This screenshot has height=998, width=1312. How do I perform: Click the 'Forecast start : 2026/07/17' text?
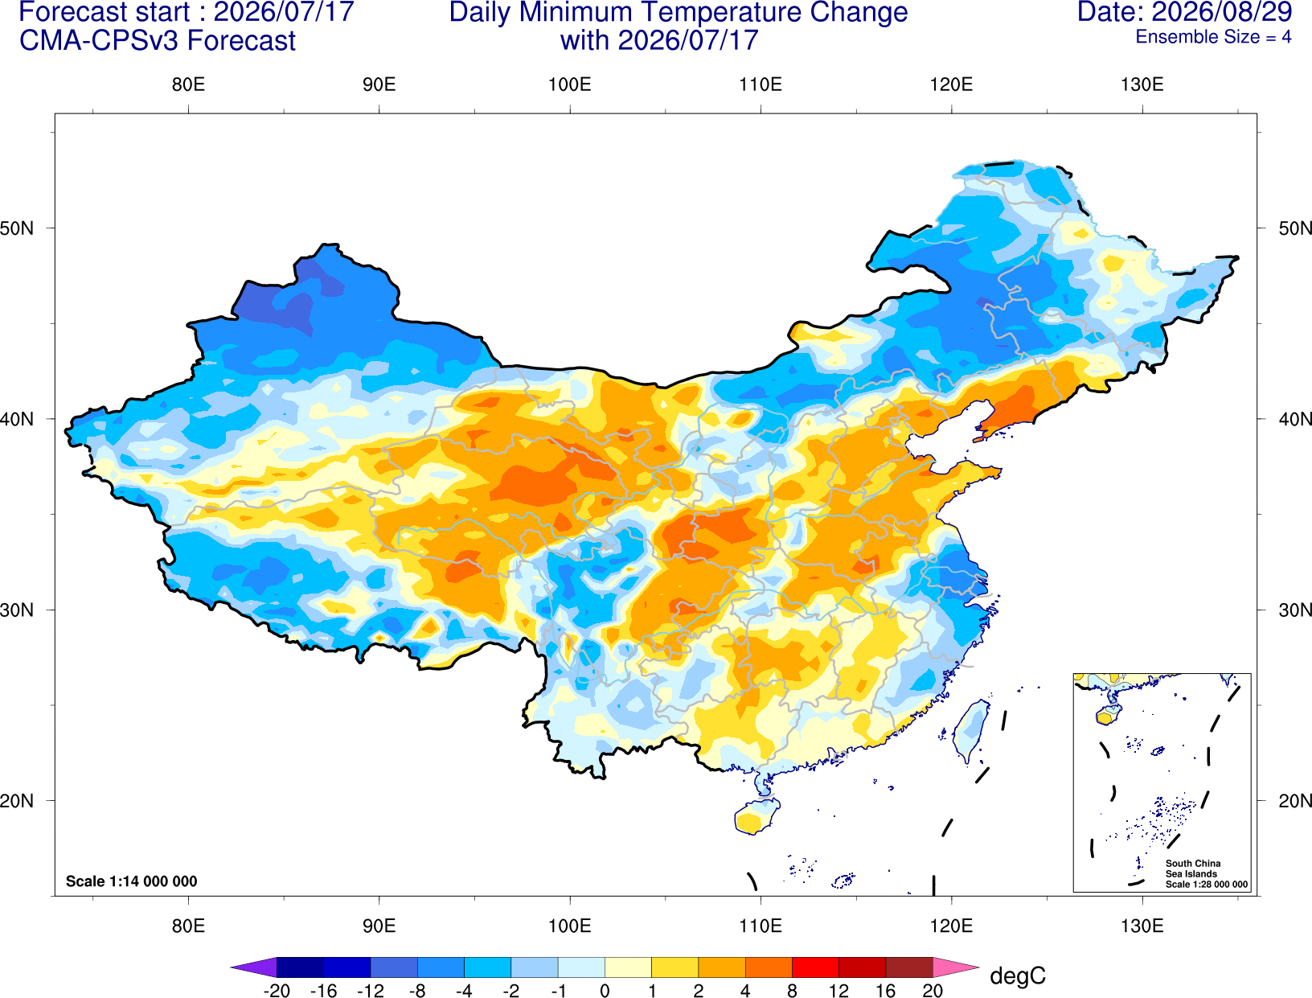(187, 11)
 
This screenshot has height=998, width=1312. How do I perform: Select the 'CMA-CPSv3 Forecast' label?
(158, 41)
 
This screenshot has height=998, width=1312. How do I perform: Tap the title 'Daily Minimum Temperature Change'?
(679, 12)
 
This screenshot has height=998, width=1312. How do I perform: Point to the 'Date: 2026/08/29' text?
(1184, 11)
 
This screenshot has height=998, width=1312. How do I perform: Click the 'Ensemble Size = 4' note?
(1213, 37)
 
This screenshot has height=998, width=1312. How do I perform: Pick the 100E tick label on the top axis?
(570, 84)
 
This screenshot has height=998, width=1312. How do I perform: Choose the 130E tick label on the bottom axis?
(1142, 926)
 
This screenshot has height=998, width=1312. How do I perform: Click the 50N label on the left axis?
(17, 228)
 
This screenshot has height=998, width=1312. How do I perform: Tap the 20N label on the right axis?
(1295, 801)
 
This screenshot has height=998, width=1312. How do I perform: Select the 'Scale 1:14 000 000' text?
(132, 881)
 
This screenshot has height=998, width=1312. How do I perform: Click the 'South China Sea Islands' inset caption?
(1192, 869)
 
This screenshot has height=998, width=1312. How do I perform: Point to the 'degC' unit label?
(1017, 975)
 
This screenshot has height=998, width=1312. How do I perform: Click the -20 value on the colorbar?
(277, 991)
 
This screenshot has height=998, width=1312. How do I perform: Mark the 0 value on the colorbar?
(605, 991)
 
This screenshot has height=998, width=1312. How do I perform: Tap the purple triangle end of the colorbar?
(254, 967)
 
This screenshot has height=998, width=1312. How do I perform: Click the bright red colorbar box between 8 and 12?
(815, 967)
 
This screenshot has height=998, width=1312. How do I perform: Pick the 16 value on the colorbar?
(885, 991)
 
